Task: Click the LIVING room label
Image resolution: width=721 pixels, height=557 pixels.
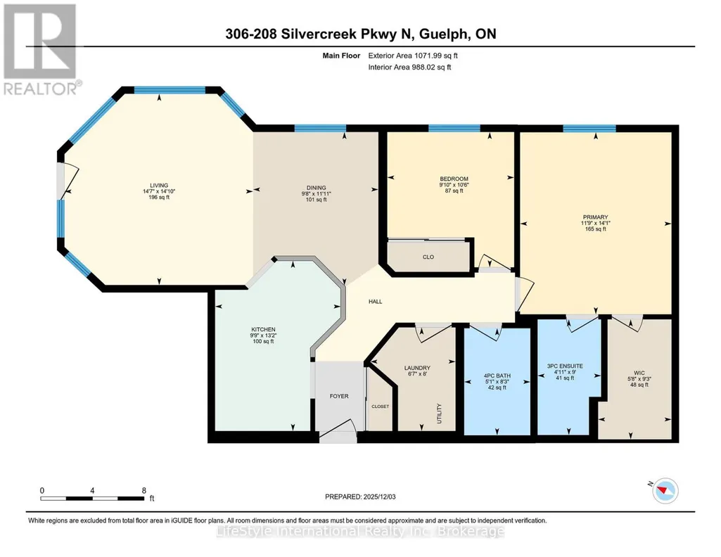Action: pos(159,186)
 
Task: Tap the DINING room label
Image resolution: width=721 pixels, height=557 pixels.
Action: pos(317,188)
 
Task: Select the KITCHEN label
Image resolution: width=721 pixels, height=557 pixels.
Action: pos(264,330)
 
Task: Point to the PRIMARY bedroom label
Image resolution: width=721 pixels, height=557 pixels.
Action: pos(596,217)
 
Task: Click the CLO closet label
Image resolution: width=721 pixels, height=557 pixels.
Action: pos(428,257)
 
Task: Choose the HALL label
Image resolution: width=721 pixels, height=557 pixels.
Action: pos(375,302)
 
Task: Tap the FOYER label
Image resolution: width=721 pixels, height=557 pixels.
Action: pos(339,396)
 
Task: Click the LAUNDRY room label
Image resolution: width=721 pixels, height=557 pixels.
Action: pos(418,368)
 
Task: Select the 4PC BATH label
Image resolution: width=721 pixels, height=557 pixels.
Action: pos(497,376)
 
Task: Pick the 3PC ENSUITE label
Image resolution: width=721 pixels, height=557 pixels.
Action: pos(565,366)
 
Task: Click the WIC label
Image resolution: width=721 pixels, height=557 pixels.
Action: pos(639,373)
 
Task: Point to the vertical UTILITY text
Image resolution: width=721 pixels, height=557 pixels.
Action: pos(439,414)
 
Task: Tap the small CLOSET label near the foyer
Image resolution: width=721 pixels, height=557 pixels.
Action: pos(381,406)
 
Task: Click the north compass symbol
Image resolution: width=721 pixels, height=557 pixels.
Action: pos(665,491)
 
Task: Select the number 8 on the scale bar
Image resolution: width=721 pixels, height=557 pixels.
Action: pos(144,490)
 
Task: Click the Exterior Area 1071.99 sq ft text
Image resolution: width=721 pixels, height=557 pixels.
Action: pos(413,56)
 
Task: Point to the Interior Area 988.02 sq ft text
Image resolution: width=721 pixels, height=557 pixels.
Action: pos(409,67)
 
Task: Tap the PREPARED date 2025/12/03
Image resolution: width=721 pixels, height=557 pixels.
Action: pos(360,497)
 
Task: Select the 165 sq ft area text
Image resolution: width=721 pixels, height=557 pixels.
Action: pos(596,229)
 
